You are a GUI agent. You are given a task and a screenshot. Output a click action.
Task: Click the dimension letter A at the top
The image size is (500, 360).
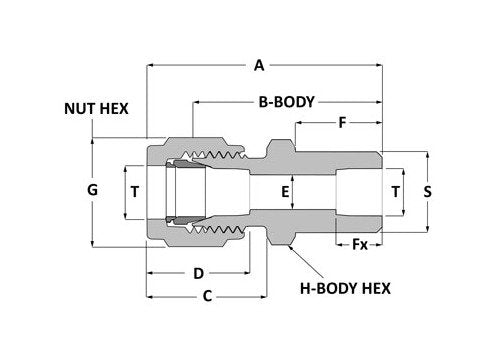259,66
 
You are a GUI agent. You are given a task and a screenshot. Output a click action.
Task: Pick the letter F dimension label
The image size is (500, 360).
342,125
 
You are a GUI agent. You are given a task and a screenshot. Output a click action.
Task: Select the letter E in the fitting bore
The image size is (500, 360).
286,189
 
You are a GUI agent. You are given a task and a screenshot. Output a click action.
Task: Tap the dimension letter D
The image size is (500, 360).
198,273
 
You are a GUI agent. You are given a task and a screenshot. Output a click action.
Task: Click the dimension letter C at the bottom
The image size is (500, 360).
208,296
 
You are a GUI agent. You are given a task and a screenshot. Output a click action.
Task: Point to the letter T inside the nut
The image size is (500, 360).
135,189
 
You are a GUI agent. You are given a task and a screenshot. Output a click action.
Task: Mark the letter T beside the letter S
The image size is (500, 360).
395,189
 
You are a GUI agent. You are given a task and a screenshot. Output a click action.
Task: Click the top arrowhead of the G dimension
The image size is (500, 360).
93,141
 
